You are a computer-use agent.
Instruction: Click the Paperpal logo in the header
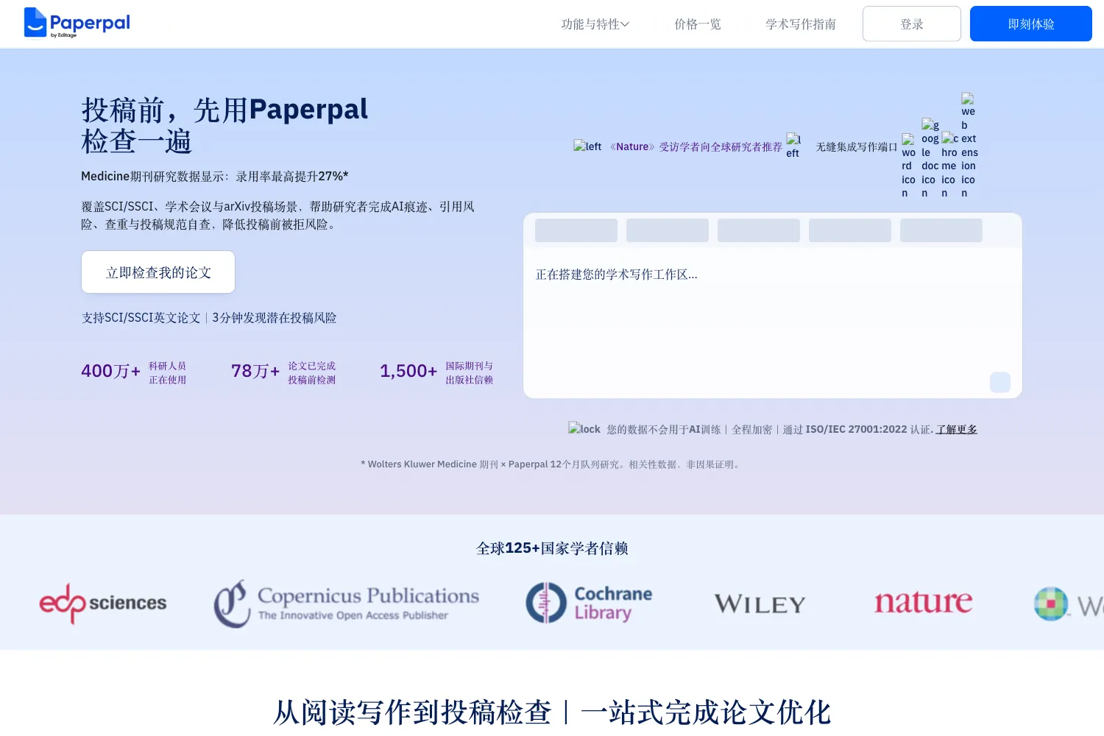pyautogui.click(x=77, y=23)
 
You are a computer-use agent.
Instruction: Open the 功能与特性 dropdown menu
pyautogui.click(x=595, y=24)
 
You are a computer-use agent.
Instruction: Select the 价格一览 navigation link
pyautogui.click(x=698, y=24)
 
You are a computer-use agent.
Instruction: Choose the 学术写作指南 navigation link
pyautogui.click(x=801, y=24)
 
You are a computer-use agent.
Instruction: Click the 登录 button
pyautogui.click(x=911, y=24)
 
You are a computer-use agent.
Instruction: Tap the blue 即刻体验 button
pyautogui.click(x=1030, y=24)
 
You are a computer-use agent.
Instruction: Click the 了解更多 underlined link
pyautogui.click(x=956, y=429)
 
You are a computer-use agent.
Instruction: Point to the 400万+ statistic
pyautogui.click(x=110, y=371)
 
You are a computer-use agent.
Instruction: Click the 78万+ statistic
pyautogui.click(x=255, y=371)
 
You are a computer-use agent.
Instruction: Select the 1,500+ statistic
pyautogui.click(x=408, y=371)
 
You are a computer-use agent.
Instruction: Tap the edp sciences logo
pyautogui.click(x=103, y=603)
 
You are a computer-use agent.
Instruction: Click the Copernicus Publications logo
pyautogui.click(x=347, y=604)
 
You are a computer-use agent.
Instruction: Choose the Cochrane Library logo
pyautogui.click(x=589, y=602)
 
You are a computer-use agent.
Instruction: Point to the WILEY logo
pyautogui.click(x=760, y=604)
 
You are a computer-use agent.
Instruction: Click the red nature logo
pyautogui.click(x=923, y=602)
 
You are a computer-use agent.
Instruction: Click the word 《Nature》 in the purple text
pyautogui.click(x=632, y=147)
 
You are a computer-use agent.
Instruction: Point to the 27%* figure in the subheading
pyautogui.click(x=333, y=176)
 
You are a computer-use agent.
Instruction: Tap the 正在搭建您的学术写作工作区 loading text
pyautogui.click(x=617, y=275)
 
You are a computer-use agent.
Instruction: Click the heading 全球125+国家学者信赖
pyautogui.click(x=552, y=548)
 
